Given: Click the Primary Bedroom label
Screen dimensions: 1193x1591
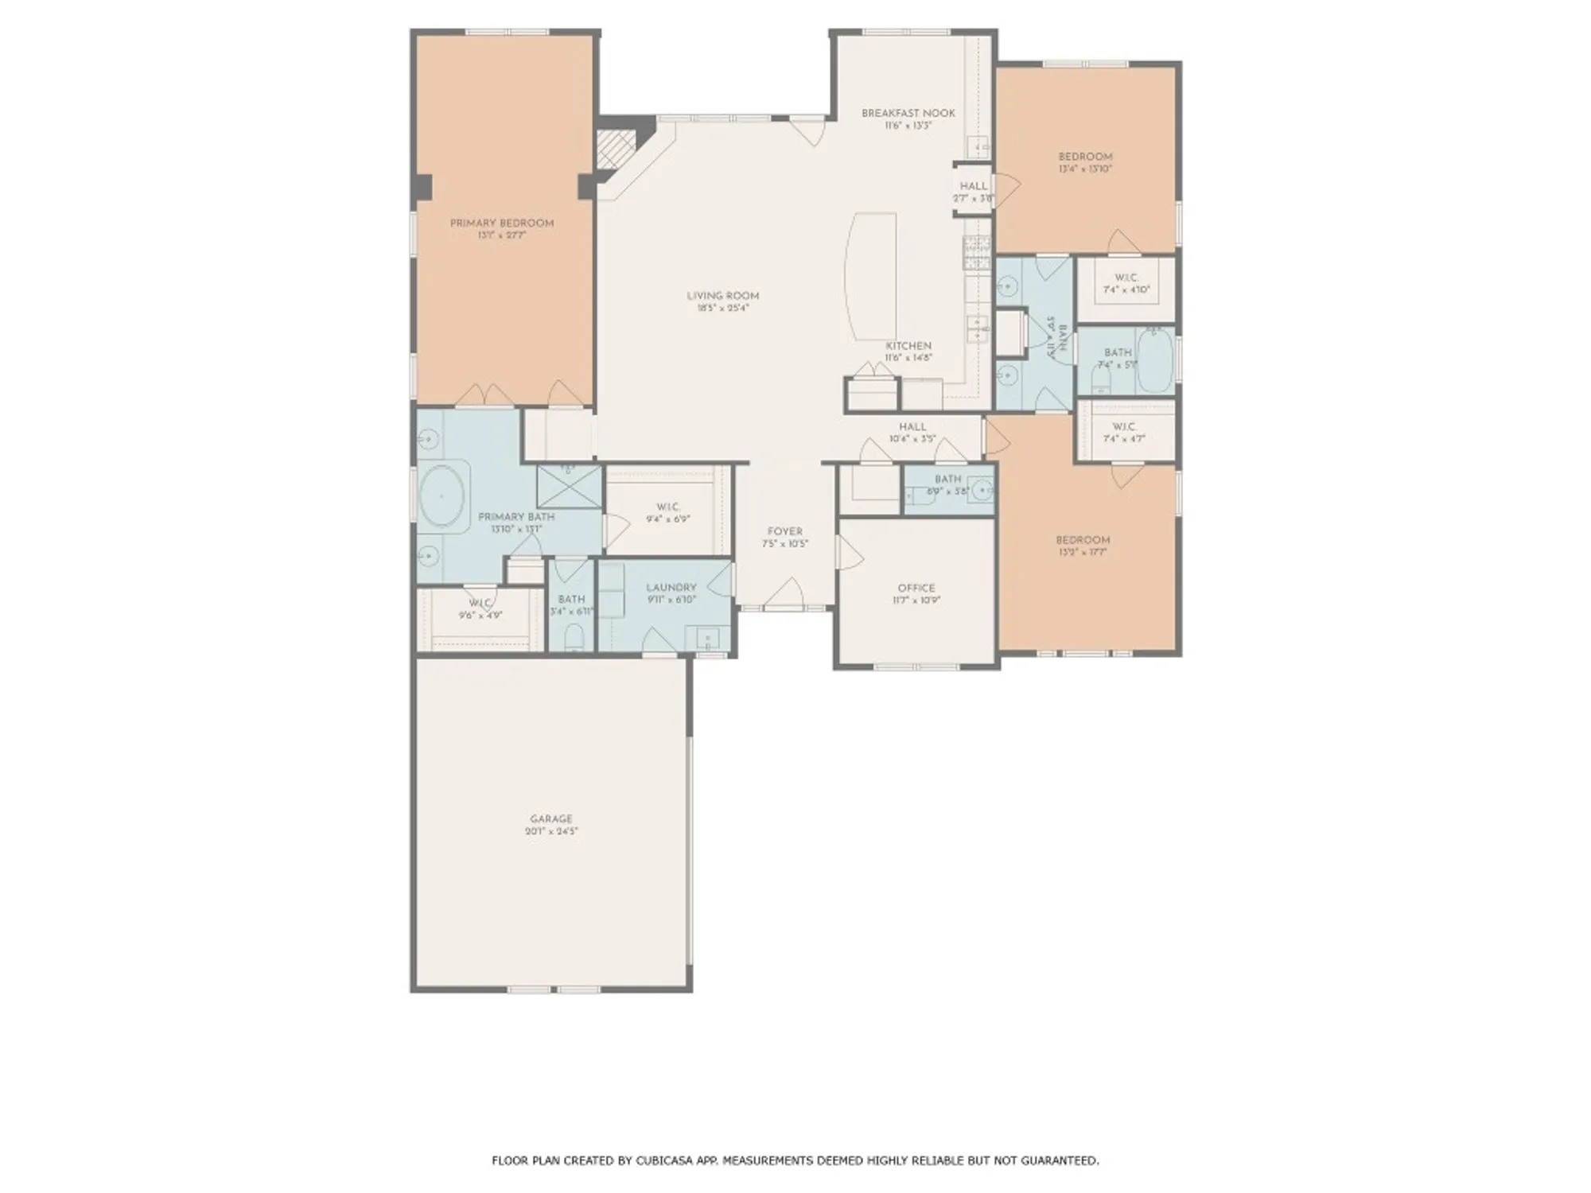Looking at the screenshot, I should [x=502, y=223].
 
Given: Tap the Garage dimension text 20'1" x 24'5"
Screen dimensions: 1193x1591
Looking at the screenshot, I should [x=551, y=831].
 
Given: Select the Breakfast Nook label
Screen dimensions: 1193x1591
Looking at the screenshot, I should [x=908, y=113].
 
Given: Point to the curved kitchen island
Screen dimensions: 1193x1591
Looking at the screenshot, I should [x=870, y=275].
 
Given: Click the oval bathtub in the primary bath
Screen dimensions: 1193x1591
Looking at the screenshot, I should [x=443, y=495].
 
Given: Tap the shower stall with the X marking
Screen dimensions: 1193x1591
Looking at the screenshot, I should [x=569, y=487].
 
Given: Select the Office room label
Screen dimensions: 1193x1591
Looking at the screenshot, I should [x=916, y=588].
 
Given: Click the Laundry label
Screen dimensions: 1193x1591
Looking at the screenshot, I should [x=671, y=588].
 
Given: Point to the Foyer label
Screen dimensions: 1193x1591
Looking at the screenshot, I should [x=784, y=531].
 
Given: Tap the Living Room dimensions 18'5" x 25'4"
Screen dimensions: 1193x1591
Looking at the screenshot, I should [x=722, y=308].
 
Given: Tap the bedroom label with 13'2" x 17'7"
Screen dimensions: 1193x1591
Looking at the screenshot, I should [x=1083, y=539].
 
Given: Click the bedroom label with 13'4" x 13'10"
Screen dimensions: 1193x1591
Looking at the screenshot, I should [x=1085, y=157].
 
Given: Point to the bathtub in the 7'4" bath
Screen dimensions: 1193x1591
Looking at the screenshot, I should [x=1154, y=361].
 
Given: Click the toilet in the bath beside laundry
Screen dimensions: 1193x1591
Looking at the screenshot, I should [x=574, y=638].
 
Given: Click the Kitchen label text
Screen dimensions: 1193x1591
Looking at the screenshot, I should [x=908, y=346].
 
